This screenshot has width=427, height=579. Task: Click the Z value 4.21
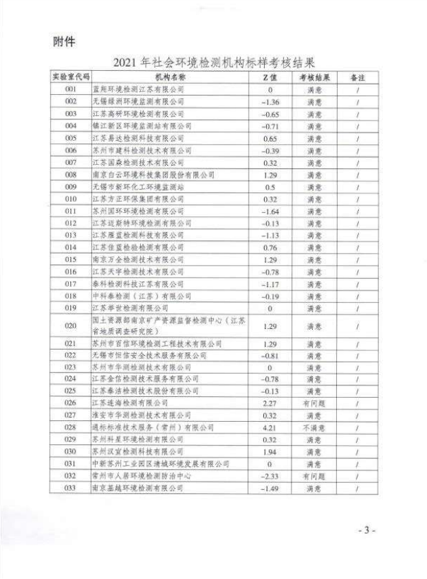(270, 427)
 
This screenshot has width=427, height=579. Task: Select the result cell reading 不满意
(314, 427)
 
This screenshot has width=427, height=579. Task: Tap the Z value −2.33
(270, 475)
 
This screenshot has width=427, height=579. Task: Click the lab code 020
(70, 325)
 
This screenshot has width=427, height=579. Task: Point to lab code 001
(70, 90)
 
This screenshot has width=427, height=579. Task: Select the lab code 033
(70, 488)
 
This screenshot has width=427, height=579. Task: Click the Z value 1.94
(270, 451)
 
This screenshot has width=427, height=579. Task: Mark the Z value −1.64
(270, 211)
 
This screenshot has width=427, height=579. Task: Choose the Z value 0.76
(270, 247)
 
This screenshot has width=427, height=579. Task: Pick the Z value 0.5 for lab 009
(270, 187)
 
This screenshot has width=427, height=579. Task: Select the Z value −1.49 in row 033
(270, 488)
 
